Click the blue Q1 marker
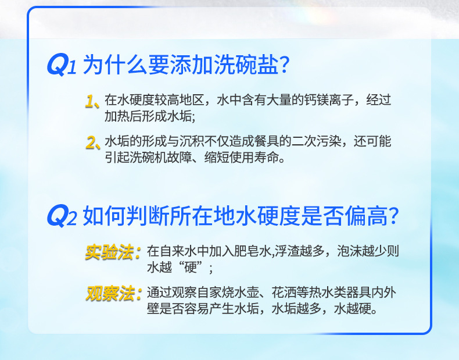[x=60, y=65]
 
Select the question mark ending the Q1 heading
[x=284, y=65]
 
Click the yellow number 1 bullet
[x=92, y=101]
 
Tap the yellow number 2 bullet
[x=92, y=142]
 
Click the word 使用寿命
[x=258, y=158]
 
